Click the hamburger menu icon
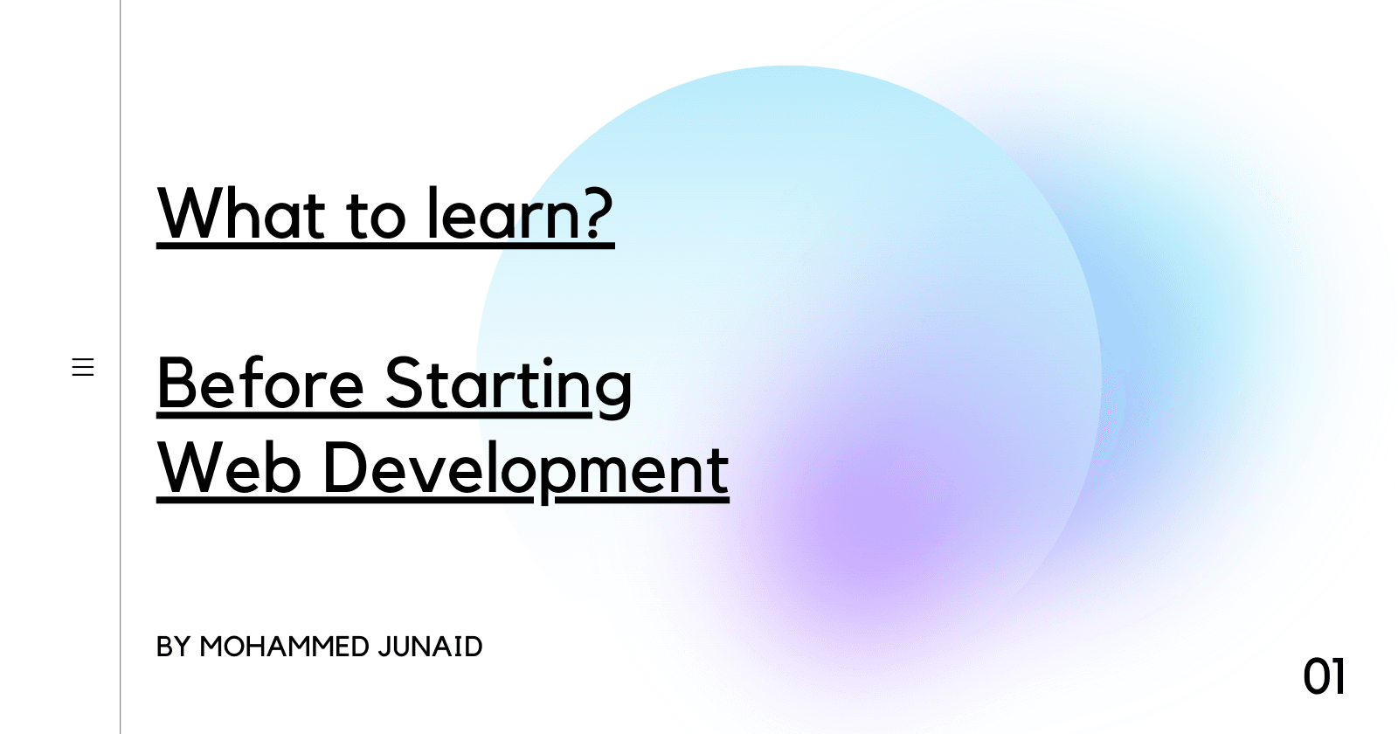point(83,367)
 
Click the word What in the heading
point(241,213)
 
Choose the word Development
point(526,471)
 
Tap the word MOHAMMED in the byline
point(284,647)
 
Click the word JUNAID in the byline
point(430,647)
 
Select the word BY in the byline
point(173,647)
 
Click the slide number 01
point(1324,676)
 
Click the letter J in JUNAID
point(384,647)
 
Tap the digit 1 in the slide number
point(1338,676)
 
